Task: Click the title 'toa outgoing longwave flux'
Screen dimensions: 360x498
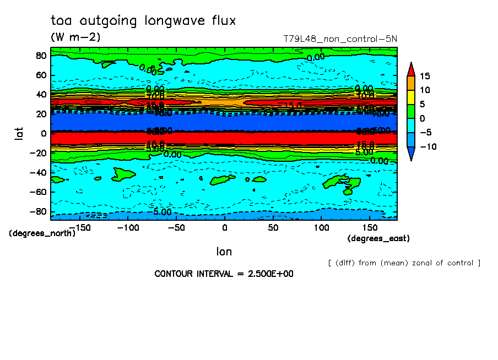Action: pos(143,21)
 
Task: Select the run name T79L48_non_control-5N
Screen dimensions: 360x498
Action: pos(340,39)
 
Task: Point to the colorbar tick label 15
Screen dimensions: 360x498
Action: pos(424,76)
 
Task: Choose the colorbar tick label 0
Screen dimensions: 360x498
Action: pos(421,118)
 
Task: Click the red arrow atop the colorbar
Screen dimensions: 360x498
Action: pos(411,69)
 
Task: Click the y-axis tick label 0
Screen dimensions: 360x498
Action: pos(44,133)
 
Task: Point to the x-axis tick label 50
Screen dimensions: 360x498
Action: pos(273,227)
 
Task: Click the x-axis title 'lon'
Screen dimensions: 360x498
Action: pos(224,252)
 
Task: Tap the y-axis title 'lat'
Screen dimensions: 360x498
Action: pos(19,133)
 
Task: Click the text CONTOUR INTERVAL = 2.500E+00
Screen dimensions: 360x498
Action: pos(224,274)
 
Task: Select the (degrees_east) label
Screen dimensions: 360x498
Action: pos(378,238)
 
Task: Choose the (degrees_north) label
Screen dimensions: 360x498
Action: pos(42,233)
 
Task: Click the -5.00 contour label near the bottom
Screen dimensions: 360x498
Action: pos(162,212)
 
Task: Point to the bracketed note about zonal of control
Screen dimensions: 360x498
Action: pos(404,263)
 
